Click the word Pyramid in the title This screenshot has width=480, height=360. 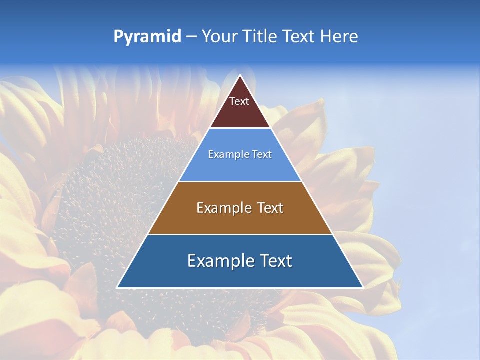147,37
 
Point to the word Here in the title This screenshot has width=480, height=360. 339,37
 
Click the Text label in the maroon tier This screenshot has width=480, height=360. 239,101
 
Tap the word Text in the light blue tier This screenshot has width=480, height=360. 261,154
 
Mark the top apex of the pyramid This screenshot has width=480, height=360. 240,75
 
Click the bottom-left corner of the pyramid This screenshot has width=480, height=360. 117,288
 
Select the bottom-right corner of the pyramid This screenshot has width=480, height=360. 363,288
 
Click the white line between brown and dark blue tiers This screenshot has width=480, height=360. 240,234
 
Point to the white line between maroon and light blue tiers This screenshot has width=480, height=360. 240,128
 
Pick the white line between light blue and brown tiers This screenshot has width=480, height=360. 240,181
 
